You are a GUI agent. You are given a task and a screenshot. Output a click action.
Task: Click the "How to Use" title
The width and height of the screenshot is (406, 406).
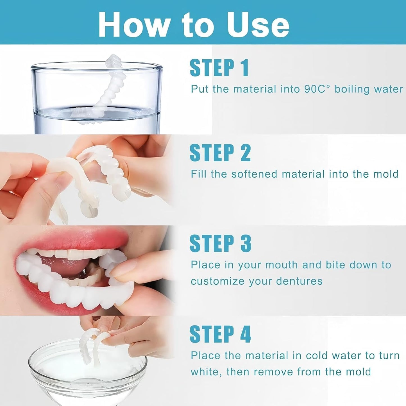pyautogui.click(x=194, y=25)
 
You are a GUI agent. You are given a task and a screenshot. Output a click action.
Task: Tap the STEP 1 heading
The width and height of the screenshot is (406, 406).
pyautogui.click(x=219, y=68)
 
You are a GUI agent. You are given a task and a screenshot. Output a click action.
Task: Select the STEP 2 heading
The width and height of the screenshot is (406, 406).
pyautogui.click(x=220, y=153)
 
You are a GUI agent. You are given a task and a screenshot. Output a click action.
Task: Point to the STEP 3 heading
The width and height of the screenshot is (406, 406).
pyautogui.click(x=220, y=244)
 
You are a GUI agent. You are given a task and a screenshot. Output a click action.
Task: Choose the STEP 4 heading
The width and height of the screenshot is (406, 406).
pyautogui.click(x=220, y=334)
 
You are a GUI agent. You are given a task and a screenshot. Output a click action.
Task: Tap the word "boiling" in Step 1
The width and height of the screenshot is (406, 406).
pyautogui.click(x=352, y=89)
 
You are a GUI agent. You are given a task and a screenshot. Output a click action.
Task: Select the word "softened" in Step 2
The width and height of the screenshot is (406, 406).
pyautogui.click(x=254, y=174)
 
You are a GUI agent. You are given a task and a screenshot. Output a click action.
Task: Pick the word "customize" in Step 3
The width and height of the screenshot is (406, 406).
pyautogui.click(x=217, y=281)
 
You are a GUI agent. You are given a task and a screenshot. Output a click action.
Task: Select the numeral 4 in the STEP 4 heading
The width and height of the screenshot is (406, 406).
pyautogui.click(x=245, y=334)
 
